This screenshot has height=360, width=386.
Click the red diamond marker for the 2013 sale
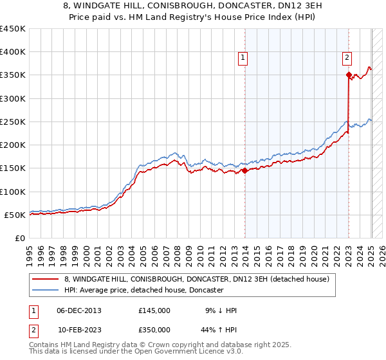click(244, 170)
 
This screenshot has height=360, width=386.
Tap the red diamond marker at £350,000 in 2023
click(348, 75)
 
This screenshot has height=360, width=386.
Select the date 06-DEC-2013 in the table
click(79, 310)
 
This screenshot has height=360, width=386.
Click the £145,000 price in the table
click(154, 310)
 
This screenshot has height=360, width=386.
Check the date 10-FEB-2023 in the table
click(79, 330)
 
